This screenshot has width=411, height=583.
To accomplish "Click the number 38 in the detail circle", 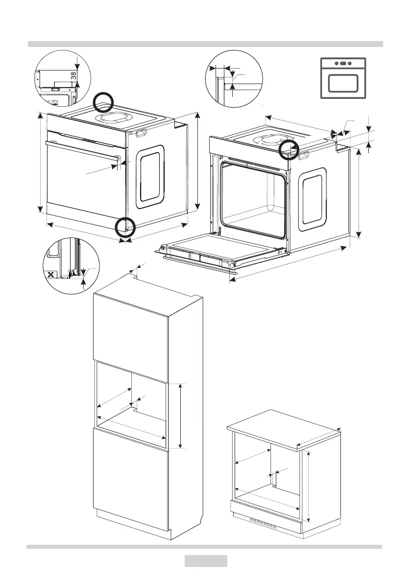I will [x=73, y=76].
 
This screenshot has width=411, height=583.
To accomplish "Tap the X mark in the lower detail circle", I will [x=50, y=274].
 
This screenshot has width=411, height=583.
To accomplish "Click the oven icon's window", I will [x=343, y=83].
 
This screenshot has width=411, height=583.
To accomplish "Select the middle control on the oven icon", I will [x=343, y=63].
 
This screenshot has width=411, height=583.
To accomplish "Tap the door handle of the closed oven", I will [x=83, y=149].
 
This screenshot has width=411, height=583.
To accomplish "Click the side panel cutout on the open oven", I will [x=313, y=199].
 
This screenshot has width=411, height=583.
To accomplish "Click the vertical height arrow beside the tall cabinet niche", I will [x=181, y=416].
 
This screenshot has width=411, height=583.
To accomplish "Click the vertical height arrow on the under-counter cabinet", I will [x=309, y=487].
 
